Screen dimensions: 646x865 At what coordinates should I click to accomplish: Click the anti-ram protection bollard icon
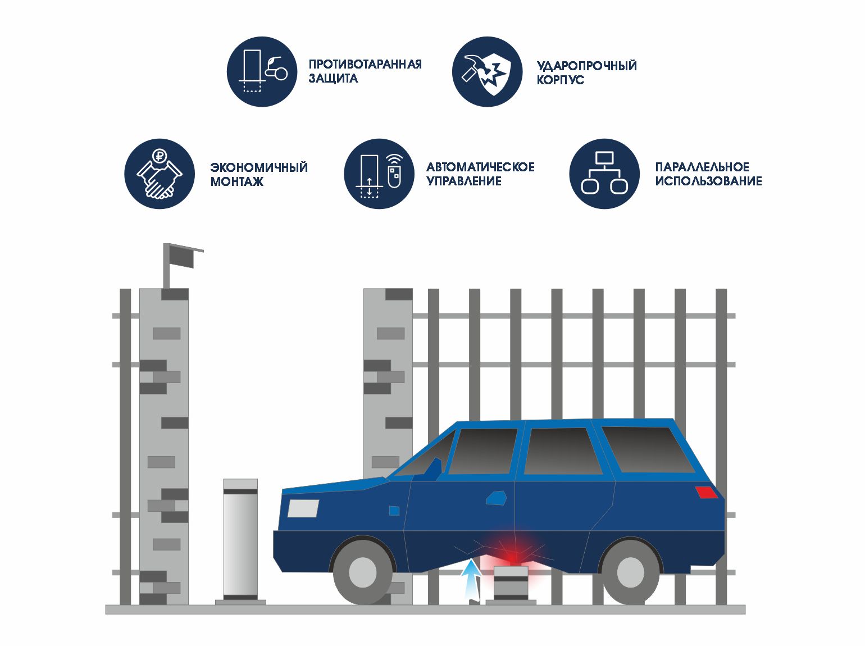(x=262, y=71)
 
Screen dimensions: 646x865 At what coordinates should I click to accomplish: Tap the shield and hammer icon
(x=487, y=72)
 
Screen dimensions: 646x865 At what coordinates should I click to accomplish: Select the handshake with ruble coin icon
(x=160, y=174)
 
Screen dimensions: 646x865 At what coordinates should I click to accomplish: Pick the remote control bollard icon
(x=379, y=174)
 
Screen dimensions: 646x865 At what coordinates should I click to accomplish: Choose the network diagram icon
(x=604, y=174)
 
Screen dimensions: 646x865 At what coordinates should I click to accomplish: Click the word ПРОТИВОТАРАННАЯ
(x=365, y=64)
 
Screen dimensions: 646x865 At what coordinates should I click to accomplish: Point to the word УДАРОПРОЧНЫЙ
(x=586, y=66)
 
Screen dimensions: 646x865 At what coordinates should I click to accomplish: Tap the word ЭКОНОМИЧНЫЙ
(x=259, y=167)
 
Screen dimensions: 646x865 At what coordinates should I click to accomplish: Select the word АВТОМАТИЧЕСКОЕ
(x=480, y=167)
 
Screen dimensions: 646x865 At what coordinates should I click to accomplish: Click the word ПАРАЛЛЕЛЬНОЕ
(x=702, y=167)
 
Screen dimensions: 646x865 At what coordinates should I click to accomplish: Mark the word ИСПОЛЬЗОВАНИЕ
(x=708, y=181)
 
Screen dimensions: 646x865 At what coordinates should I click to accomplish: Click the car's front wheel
(x=362, y=571)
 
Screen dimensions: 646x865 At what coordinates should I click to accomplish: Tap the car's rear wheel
(x=630, y=571)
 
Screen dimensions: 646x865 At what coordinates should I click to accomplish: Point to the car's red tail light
(x=706, y=493)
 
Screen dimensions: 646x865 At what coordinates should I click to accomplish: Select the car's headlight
(x=303, y=508)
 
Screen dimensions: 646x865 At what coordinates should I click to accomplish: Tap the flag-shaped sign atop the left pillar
(x=181, y=257)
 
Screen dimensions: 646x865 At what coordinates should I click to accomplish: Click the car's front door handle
(x=496, y=498)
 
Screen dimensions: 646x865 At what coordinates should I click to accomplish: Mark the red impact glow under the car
(x=512, y=556)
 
